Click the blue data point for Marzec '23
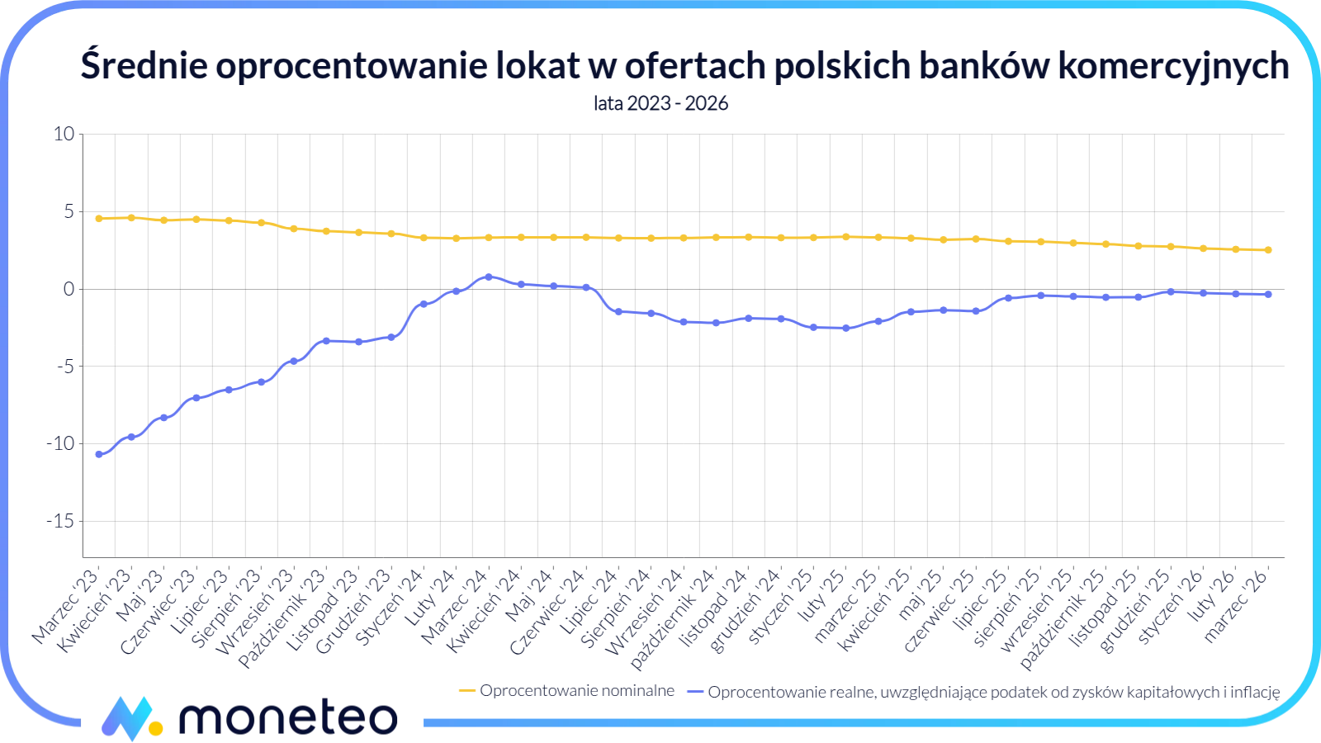point(99,454)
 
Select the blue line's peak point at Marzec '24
point(489,277)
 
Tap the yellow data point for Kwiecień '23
point(131,218)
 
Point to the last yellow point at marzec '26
point(1268,250)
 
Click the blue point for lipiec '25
point(1008,298)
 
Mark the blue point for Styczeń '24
point(424,304)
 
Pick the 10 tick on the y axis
point(64,134)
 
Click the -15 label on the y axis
point(60,521)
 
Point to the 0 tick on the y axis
point(69,289)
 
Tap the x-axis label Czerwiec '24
point(548,611)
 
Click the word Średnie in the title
point(144,65)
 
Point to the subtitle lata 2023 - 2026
point(660,103)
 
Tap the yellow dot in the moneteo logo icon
point(155,728)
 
